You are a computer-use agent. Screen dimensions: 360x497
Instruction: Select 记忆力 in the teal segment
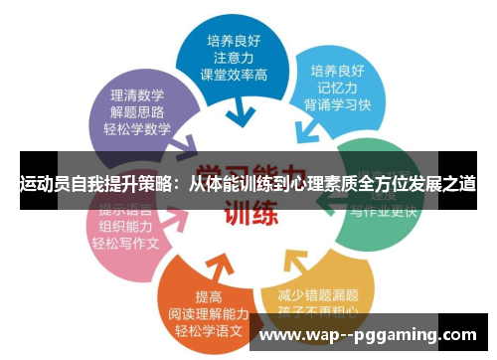tap(339, 89)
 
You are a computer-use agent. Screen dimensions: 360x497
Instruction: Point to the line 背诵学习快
tap(339, 105)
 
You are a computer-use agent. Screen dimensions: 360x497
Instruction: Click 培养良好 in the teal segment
tap(339, 72)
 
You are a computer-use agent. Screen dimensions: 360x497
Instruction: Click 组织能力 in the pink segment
tap(125, 226)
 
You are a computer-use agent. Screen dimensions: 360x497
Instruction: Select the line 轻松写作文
tap(125, 243)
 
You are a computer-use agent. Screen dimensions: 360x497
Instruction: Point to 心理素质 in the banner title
tap(321, 184)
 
